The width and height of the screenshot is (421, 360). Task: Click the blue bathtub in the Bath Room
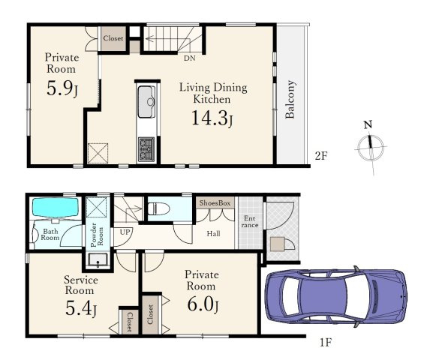[x=56, y=207]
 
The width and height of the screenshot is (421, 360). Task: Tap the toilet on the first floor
[x=158, y=208]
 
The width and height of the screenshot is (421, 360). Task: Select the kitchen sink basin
[x=146, y=102]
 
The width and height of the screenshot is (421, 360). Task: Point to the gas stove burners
[x=146, y=149]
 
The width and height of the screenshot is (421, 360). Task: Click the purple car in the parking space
[x=336, y=297]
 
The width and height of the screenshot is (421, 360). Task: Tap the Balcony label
[x=290, y=99]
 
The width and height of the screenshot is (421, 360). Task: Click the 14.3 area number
[x=212, y=118]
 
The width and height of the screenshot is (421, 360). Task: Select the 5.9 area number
[x=62, y=88]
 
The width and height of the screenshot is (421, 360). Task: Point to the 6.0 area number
[x=203, y=304]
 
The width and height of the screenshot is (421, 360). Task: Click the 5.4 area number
[x=81, y=309]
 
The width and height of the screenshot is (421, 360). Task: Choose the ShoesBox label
[x=215, y=203]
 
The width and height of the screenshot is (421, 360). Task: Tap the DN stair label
[x=190, y=58]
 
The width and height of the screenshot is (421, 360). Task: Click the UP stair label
[x=125, y=232]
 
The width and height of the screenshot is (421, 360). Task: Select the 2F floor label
[x=321, y=156]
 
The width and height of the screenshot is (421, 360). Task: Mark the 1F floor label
[x=326, y=343]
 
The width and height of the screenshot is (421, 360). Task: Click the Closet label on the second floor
[x=113, y=38]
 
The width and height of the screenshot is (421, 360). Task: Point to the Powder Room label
[x=97, y=235]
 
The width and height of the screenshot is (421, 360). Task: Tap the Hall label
[x=213, y=234]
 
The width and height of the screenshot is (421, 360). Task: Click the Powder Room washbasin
[x=98, y=260]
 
